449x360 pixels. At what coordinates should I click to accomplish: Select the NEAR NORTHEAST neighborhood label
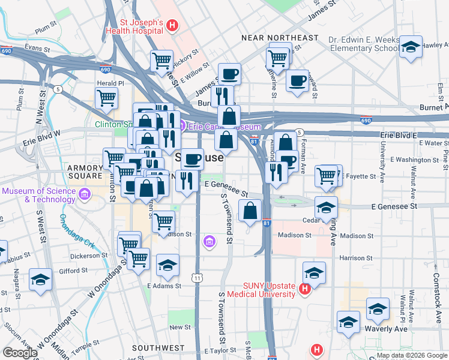279,38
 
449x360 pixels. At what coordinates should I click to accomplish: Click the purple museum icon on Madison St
209,241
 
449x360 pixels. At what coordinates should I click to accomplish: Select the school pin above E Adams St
167,265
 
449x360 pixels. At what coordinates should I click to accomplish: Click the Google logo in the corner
19,353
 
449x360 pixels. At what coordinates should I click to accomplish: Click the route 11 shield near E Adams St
197,278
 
